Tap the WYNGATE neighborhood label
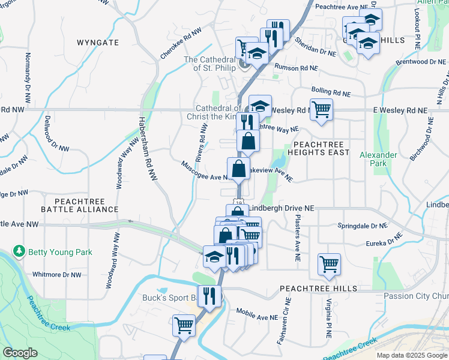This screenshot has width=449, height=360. click(x=98, y=43)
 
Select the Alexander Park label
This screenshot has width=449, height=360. click(x=378, y=159)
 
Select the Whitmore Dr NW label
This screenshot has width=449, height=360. click(x=56, y=275)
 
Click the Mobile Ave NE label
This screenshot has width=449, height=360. click(x=257, y=314)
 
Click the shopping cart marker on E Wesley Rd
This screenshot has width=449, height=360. click(x=321, y=109)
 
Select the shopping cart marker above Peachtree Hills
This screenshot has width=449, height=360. click(x=330, y=263)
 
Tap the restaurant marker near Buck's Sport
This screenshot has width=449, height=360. click(x=209, y=295)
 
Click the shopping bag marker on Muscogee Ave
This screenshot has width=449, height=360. click(x=238, y=168)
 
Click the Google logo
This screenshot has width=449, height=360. click(x=20, y=353)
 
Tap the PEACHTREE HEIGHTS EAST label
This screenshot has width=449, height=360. click(x=321, y=148)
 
